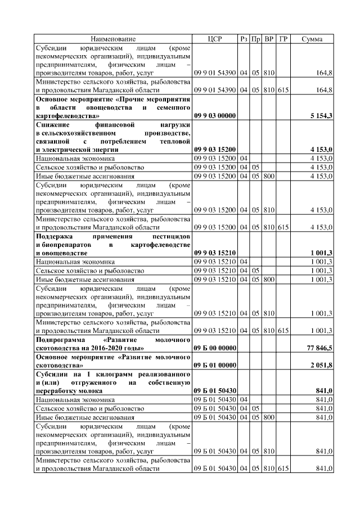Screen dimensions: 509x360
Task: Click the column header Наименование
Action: coord(112,39)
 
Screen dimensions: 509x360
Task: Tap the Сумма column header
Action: coord(312,39)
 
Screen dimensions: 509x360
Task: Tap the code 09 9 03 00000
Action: coord(215,116)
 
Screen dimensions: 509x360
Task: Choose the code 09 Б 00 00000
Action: coord(215,349)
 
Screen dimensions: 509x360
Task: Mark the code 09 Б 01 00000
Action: coord(215,365)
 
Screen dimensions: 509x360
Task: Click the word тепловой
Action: coord(174,142)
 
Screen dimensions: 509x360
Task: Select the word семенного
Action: coord(173,107)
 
